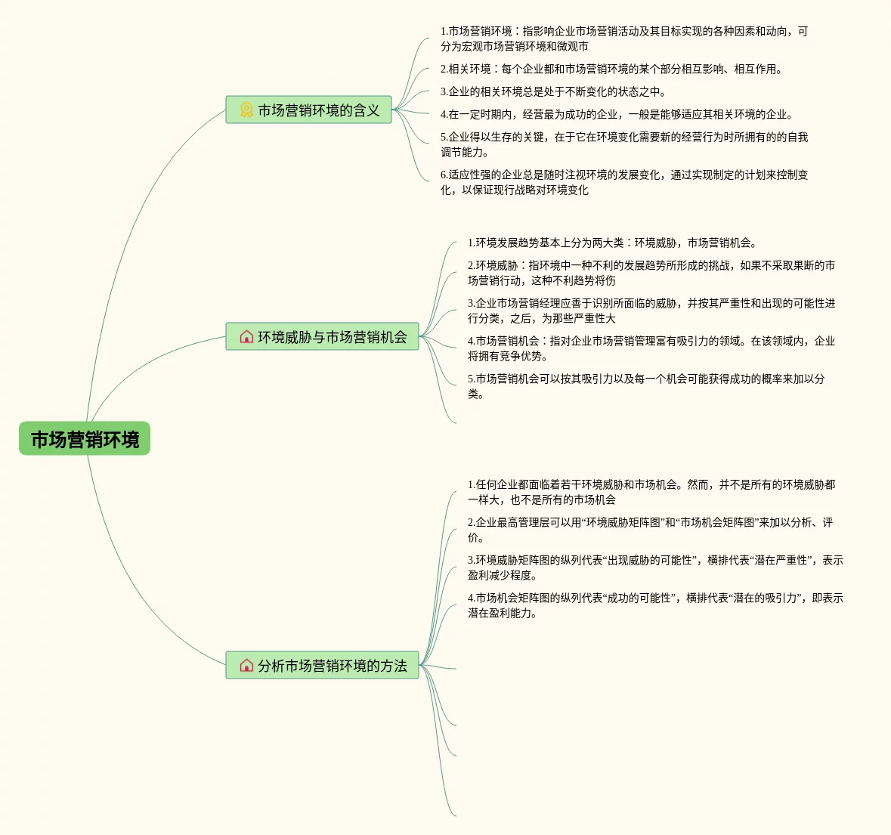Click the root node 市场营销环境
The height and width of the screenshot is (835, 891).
(x=85, y=439)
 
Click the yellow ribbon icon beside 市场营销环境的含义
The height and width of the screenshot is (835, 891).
(x=246, y=110)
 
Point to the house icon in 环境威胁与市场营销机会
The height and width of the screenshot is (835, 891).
(x=246, y=337)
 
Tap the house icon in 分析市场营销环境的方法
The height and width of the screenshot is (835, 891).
(x=246, y=666)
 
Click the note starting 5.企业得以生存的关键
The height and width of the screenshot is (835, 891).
(x=624, y=144)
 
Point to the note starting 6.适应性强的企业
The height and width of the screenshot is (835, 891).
(x=624, y=182)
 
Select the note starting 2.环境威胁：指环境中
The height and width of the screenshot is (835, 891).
(x=651, y=273)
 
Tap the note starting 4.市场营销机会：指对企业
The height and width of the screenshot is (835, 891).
(x=651, y=348)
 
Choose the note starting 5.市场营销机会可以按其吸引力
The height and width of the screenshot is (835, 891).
(x=646, y=386)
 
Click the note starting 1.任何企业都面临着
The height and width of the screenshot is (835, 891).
(x=651, y=492)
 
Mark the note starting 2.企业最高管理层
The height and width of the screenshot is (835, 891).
(x=650, y=530)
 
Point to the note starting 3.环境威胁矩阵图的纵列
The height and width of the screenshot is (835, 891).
(x=654, y=567)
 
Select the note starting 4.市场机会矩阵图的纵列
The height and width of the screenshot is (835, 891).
(x=654, y=605)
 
